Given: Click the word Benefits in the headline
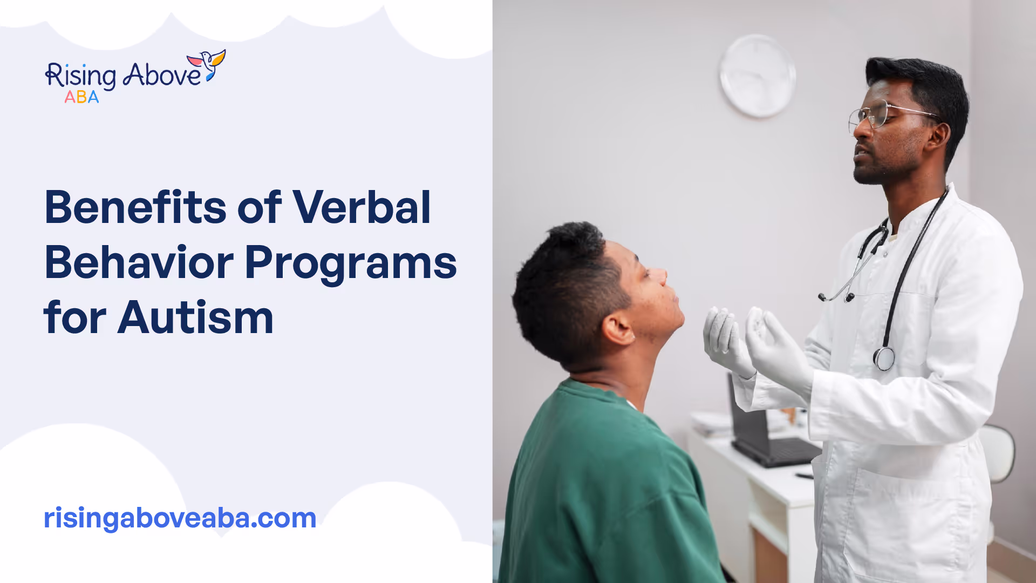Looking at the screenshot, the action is click(135, 207).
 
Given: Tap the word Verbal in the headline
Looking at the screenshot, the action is click(362, 207).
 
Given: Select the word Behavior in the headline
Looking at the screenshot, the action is click(139, 263).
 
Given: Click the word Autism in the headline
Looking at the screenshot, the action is click(196, 318).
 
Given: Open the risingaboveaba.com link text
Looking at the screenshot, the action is click(180, 518).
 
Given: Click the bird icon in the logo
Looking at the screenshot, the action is click(207, 65).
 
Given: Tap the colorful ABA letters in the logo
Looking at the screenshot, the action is click(81, 97).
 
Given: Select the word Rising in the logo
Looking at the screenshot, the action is click(80, 76).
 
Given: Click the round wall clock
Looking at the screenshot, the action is click(757, 76).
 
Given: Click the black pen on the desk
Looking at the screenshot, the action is click(804, 476).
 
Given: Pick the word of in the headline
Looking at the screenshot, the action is click(260, 207).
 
